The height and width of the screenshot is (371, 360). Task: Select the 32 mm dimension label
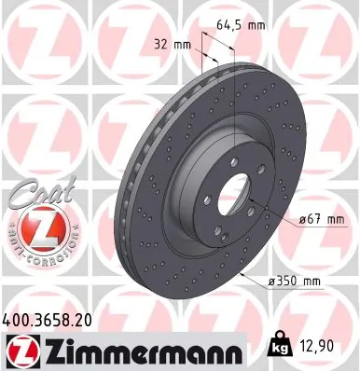coord(173,43)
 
